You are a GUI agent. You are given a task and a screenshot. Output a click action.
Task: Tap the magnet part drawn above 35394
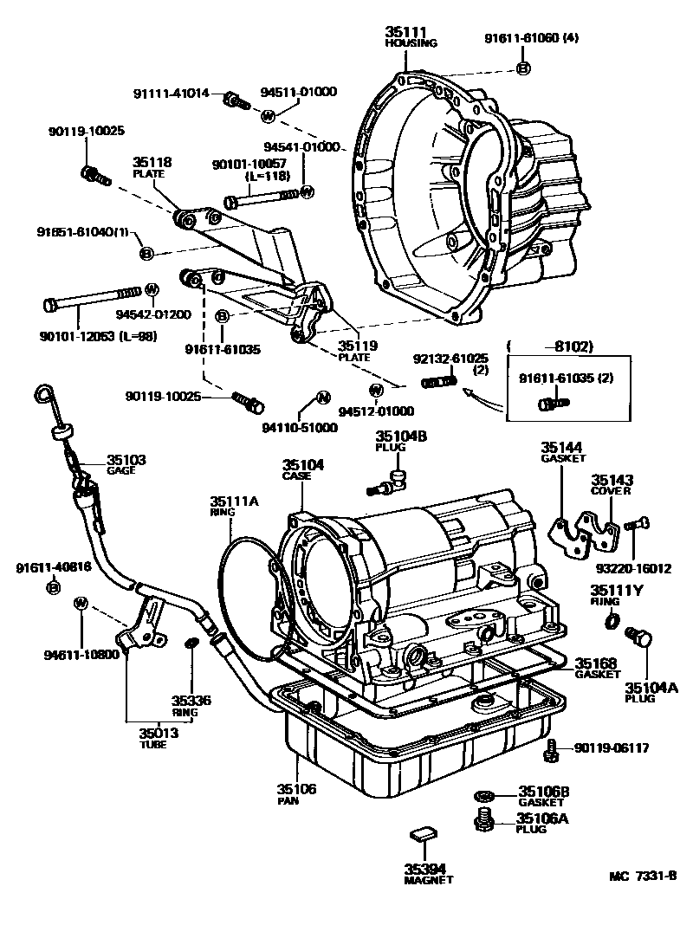tap(422, 834)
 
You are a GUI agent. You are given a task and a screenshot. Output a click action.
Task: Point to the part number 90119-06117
tap(606, 747)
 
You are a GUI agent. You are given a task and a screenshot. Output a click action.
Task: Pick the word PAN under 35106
tap(288, 801)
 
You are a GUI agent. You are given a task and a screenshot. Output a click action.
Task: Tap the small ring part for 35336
tap(193, 642)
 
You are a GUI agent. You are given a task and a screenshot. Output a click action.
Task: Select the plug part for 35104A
tap(642, 638)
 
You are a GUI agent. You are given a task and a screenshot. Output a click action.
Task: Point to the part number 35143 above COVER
tap(612, 479)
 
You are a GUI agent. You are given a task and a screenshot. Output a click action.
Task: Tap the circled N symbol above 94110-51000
tap(321, 398)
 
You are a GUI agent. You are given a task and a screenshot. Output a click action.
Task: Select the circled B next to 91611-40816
tap(53, 587)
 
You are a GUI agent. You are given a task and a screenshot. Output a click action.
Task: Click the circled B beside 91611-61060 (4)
tap(523, 68)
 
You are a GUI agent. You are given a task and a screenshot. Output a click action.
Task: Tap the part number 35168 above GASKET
tap(596, 663)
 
